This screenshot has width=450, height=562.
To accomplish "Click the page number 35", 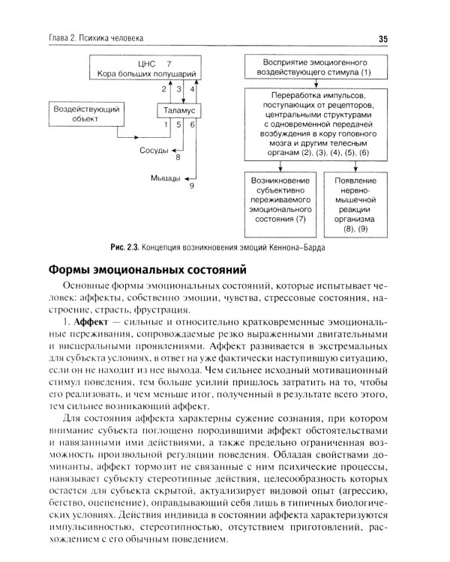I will click(382, 39).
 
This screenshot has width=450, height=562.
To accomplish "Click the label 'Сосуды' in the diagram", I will click(154, 150).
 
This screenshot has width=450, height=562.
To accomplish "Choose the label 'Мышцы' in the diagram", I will click(165, 178).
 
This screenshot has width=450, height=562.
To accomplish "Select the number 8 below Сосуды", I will click(178, 157).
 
